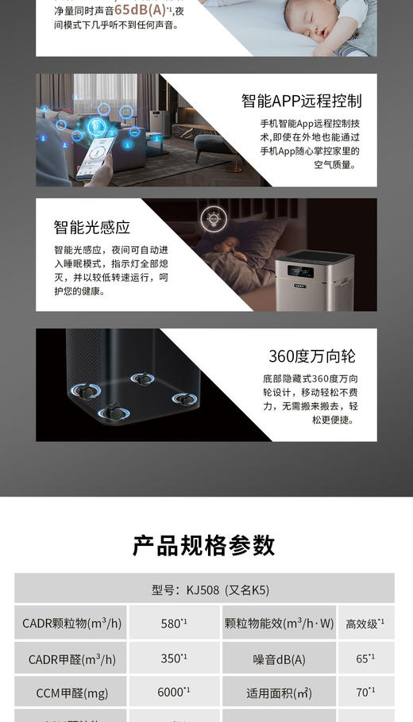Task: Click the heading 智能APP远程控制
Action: click(x=301, y=101)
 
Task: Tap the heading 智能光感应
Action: click(x=92, y=228)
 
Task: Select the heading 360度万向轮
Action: click(x=311, y=355)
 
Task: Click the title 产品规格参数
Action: click(x=204, y=546)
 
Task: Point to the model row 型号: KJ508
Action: click(x=204, y=590)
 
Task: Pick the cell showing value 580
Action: click(x=174, y=623)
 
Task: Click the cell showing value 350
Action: click(x=174, y=659)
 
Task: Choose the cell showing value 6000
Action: click(x=174, y=692)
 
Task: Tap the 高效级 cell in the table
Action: click(x=365, y=623)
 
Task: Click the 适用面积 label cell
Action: click(x=279, y=693)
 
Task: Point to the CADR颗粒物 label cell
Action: click(x=71, y=623)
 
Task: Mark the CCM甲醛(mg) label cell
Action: click(x=71, y=693)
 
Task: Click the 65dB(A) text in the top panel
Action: click(x=141, y=10)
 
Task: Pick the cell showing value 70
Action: click(x=365, y=692)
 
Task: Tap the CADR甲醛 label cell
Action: click(x=71, y=659)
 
